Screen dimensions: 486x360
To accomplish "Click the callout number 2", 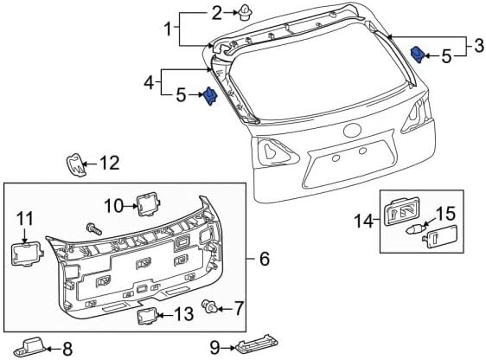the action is click(217, 13).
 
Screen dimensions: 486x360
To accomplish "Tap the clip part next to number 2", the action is click(246, 13).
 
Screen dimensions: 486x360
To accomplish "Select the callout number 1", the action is click(168, 29).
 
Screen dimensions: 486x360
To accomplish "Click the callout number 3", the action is click(479, 46).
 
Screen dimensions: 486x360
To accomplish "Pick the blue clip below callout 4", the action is click(210, 95).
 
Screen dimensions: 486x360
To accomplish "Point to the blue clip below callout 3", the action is click(418, 54).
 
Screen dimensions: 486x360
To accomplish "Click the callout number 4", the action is click(150, 83).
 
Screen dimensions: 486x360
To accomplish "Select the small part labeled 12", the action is click(75, 164).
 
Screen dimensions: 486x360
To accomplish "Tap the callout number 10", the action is click(114, 206).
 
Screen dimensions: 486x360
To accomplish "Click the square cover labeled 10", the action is click(149, 203).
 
